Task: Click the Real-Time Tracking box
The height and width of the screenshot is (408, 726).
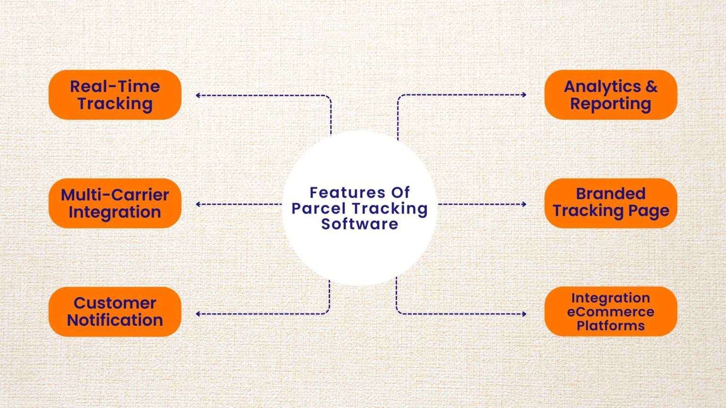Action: click(115, 95)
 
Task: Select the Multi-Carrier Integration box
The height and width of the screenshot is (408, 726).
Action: click(115, 204)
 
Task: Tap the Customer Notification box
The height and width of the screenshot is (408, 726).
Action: click(115, 312)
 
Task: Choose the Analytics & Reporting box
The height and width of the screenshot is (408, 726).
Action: click(611, 95)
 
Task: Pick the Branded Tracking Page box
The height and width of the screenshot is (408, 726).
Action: click(611, 204)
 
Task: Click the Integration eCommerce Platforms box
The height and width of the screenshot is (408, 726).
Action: click(611, 312)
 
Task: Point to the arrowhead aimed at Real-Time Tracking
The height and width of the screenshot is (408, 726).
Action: click(198, 95)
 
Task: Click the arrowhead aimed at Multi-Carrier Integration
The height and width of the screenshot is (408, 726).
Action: click(198, 204)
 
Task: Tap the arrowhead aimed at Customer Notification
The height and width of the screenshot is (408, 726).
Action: click(198, 314)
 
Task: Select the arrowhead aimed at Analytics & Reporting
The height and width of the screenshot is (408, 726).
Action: click(524, 94)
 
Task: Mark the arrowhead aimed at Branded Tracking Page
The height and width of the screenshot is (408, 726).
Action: click(524, 204)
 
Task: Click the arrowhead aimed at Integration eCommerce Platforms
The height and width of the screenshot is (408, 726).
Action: click(524, 314)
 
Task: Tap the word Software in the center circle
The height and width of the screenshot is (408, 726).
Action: click(360, 224)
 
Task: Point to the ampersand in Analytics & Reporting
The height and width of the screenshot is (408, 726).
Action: click(651, 86)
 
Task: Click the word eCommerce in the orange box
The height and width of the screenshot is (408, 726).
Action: click(611, 312)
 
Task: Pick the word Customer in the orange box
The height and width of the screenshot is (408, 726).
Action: click(115, 304)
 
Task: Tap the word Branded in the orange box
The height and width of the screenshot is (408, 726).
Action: click(611, 194)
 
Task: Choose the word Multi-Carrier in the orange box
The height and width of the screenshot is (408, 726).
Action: click(115, 195)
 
